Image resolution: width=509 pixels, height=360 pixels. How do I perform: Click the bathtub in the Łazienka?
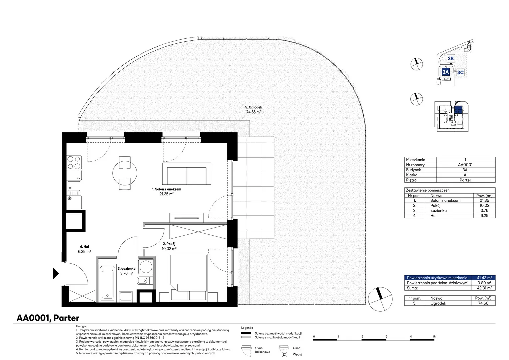coord(107,283)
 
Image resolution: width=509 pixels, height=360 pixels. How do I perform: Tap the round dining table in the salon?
coord(125,173)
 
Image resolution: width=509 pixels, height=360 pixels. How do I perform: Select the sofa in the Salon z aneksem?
coord(186,174)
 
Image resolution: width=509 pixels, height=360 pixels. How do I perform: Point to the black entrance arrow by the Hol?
coord(56,273)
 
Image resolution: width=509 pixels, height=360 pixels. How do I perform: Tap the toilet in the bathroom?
coord(145,281)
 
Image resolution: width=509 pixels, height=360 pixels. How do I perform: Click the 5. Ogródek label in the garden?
coord(254,107)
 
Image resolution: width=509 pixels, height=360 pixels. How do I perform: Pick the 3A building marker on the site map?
coord(446,72)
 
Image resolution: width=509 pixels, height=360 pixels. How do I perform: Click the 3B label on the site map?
coord(451,59)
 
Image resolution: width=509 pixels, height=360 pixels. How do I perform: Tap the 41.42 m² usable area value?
coord(484,278)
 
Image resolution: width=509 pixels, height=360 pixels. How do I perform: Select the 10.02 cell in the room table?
coord(484,205)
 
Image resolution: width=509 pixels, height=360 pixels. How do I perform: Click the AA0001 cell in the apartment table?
coord(465,165)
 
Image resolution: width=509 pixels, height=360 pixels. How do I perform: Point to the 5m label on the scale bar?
coord(435,336)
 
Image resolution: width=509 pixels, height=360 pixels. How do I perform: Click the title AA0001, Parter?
coord(48,318)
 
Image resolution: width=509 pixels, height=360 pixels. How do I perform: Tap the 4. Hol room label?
coord(84,247)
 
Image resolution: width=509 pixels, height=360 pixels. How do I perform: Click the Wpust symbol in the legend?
coord(284,354)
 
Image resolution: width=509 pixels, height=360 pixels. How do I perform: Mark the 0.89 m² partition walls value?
coord(484,283)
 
